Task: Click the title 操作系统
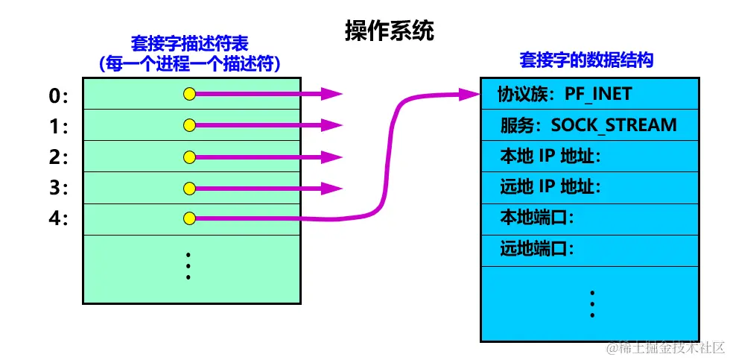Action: pyautogui.click(x=388, y=31)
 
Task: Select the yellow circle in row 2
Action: pyautogui.click(x=189, y=157)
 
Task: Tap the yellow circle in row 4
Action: pyautogui.click(x=189, y=218)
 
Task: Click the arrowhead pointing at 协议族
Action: pyautogui.click(x=470, y=94)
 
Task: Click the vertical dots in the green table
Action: pyautogui.click(x=189, y=266)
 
